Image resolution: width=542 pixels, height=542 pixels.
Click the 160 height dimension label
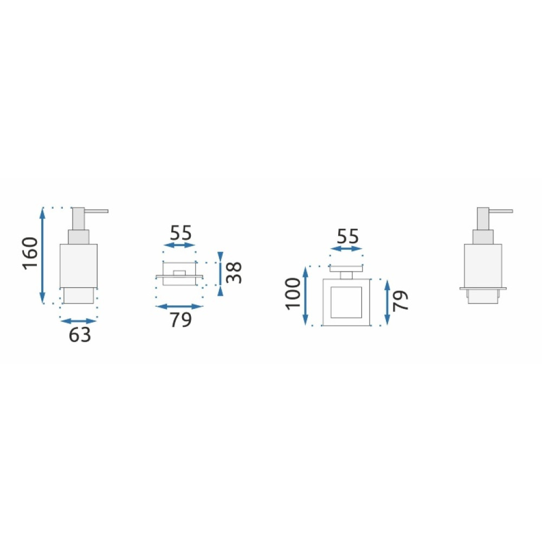click(x=30, y=253)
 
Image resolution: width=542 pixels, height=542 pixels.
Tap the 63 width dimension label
click(x=80, y=334)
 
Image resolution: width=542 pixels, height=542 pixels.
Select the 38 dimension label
click(x=234, y=273)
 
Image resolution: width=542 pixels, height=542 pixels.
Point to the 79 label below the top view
click(x=180, y=320)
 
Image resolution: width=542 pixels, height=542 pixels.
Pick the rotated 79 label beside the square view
click(x=401, y=300)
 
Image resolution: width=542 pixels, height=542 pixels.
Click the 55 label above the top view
click(x=181, y=233)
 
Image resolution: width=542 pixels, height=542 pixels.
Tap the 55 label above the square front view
click(x=348, y=236)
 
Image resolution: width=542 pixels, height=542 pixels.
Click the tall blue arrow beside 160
click(x=42, y=255)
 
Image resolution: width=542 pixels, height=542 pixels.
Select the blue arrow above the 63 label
click(x=79, y=321)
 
